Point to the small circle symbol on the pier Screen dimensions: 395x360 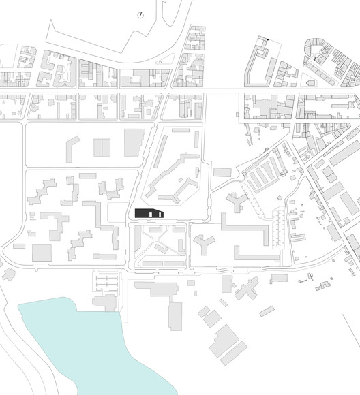140,14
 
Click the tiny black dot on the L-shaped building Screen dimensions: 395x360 269,39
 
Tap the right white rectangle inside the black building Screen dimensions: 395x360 158,215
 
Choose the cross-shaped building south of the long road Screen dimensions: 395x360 243,287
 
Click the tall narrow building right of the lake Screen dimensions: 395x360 175,315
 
